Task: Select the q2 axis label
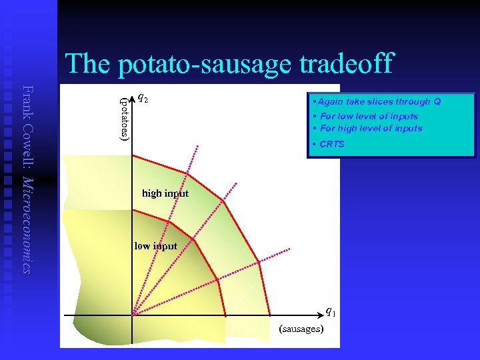click(143, 97)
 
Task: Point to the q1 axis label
click(330, 311)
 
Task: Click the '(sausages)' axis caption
click(301, 329)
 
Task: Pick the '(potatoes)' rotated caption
click(124, 118)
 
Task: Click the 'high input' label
click(165, 193)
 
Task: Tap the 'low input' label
click(156, 246)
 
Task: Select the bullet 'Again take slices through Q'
click(379, 102)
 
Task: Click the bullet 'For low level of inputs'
click(369, 116)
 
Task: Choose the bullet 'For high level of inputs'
click(371, 128)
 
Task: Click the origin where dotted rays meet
click(133, 315)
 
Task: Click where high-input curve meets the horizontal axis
click(270, 315)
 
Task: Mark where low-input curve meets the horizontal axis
click(225, 315)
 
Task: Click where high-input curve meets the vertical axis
click(133, 155)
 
